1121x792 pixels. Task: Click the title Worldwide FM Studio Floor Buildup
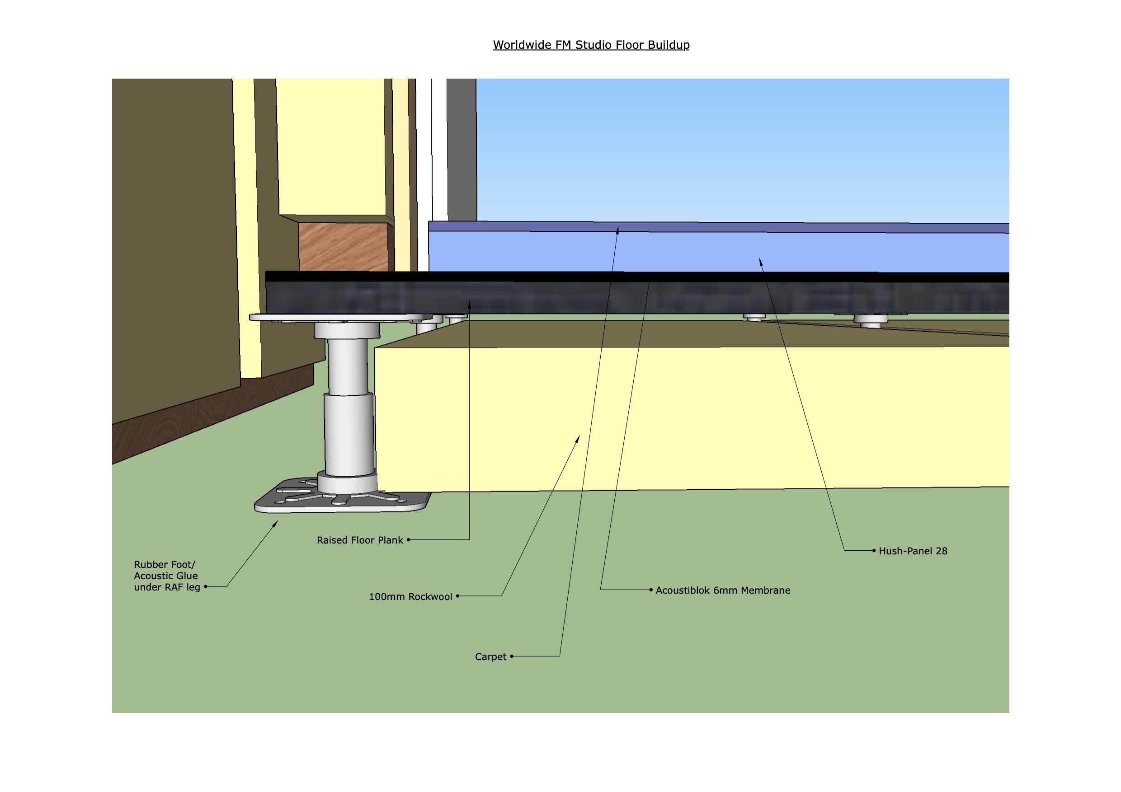coord(591,45)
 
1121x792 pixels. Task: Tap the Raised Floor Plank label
coord(360,540)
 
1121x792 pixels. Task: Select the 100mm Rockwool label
coord(410,596)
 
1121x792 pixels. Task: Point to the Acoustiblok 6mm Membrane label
coord(723,590)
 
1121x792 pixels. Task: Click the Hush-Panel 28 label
coord(913,551)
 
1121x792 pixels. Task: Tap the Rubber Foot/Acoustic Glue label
coord(166,576)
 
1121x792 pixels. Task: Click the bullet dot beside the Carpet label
coord(512,656)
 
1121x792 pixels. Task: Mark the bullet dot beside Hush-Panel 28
coord(874,550)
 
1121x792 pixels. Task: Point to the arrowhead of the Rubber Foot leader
coord(276,523)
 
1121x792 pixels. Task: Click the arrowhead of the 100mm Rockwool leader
coord(579,438)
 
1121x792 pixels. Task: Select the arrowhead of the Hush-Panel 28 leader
coord(760,262)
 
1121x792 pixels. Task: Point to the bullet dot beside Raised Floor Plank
coord(408,540)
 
